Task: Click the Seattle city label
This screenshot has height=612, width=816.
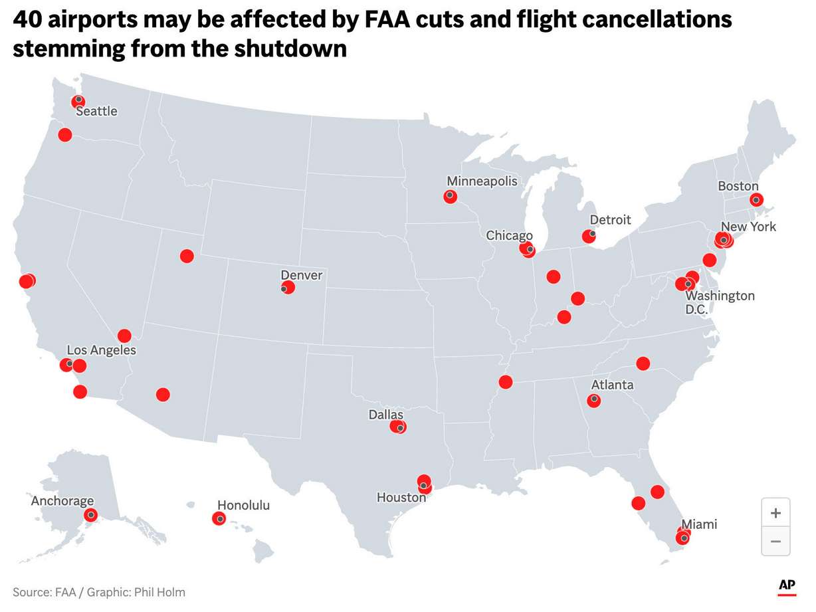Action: pyautogui.click(x=96, y=111)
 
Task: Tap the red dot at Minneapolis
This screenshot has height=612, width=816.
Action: pyautogui.click(x=450, y=196)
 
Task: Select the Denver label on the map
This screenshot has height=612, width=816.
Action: pyautogui.click(x=301, y=275)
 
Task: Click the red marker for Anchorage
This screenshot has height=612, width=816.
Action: pyautogui.click(x=90, y=515)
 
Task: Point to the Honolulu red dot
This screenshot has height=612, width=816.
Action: pyautogui.click(x=219, y=518)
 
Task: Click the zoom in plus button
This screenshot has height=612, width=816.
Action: pyautogui.click(x=775, y=513)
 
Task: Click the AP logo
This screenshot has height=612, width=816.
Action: pyautogui.click(x=787, y=585)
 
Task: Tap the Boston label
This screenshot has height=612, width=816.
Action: pyautogui.click(x=738, y=187)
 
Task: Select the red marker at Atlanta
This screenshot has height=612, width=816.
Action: pyautogui.click(x=594, y=400)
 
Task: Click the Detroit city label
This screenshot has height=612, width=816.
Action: pyautogui.click(x=610, y=220)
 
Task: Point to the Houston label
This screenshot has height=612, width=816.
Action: pyautogui.click(x=401, y=497)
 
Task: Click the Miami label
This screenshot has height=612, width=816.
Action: pyautogui.click(x=699, y=524)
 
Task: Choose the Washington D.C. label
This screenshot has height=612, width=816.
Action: pyautogui.click(x=720, y=302)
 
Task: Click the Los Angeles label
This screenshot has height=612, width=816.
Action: pyautogui.click(x=101, y=350)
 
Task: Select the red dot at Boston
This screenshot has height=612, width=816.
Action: pyautogui.click(x=756, y=200)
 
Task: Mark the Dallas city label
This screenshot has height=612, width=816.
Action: pyautogui.click(x=386, y=415)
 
